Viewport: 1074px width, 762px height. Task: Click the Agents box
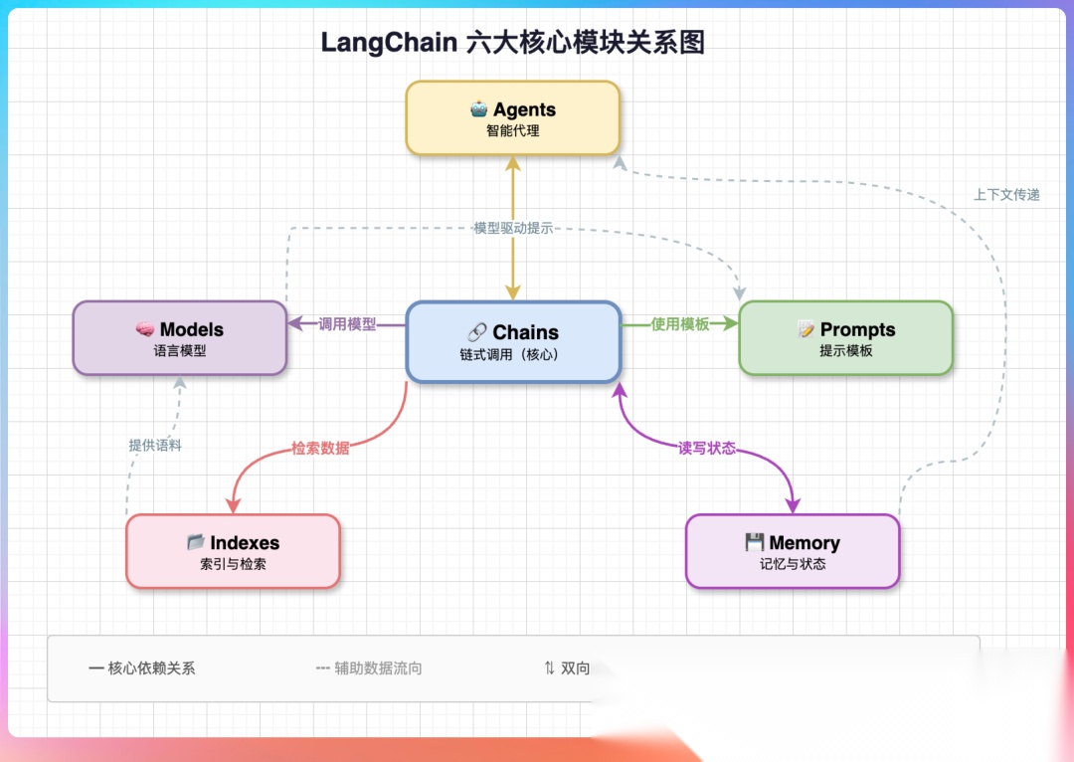513,117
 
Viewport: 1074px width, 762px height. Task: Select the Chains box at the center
514,341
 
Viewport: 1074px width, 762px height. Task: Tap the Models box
179,338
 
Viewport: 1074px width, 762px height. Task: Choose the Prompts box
846,338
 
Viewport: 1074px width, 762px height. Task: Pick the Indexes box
233,551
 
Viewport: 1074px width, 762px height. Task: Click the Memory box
793,551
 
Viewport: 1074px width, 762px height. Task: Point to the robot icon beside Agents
478,109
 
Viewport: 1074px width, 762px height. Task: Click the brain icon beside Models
144,329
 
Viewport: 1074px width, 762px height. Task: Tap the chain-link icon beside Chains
476,332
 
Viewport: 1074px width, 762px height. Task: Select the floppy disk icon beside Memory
754,542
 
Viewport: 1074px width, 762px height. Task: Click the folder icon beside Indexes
195,542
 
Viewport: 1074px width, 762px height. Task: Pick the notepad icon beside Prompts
805,329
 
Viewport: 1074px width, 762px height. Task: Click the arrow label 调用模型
347,324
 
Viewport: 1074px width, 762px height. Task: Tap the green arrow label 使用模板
679,324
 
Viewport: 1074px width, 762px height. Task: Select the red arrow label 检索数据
320,449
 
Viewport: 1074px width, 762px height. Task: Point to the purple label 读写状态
707,449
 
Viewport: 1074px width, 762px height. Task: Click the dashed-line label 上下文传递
1006,195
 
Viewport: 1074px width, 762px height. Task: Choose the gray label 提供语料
155,446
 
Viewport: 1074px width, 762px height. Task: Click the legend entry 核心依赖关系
151,668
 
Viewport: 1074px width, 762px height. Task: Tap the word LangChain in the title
389,43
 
